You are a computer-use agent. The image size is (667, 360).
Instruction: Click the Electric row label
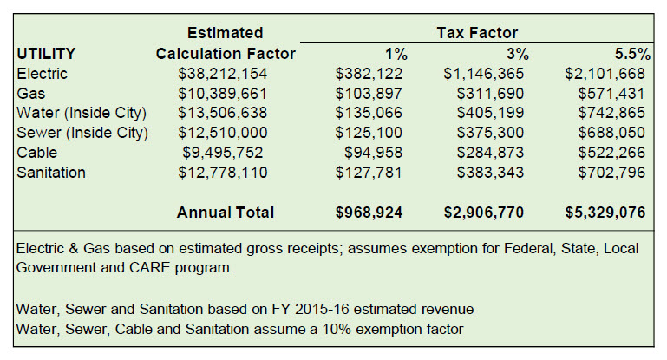[42, 74]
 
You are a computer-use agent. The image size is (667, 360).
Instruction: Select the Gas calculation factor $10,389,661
[223, 94]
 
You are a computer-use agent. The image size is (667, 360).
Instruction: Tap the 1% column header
[396, 54]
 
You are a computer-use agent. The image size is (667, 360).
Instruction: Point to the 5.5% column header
[631, 54]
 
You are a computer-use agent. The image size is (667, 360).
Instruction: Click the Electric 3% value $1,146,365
[487, 74]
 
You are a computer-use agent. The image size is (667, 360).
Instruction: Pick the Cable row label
[36, 153]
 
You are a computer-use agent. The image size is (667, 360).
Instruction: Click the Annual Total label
[226, 213]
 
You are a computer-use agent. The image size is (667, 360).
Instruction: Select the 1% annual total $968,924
[368, 213]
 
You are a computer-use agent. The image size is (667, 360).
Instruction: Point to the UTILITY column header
[46, 54]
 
